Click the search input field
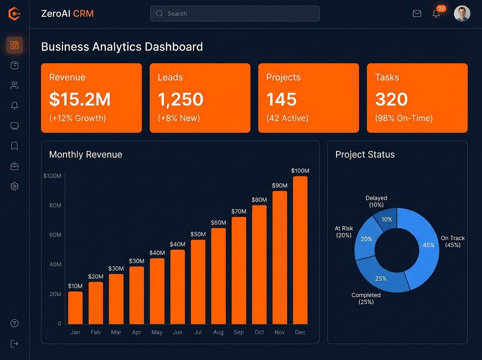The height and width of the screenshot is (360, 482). [x=235, y=14]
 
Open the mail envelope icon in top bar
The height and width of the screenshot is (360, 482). [x=417, y=14]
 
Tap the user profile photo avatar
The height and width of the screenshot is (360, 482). [x=462, y=14]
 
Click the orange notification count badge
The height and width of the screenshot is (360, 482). [x=441, y=8]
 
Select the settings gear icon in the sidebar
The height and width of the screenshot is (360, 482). [x=14, y=186]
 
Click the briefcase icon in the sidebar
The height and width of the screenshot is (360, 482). [x=14, y=166]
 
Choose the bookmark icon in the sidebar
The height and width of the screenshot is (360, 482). [x=14, y=146]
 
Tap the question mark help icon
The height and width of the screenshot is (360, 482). [x=14, y=323]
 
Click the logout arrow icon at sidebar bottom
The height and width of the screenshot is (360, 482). [x=14, y=344]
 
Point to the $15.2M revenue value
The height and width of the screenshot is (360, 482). [x=80, y=99]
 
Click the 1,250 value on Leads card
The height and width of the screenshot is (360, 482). [x=180, y=99]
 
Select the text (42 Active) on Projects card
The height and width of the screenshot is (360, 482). [x=287, y=118]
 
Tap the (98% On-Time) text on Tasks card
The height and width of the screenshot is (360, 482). [x=404, y=118]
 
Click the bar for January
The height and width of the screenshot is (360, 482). [x=75, y=308]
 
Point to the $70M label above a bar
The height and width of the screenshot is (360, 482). [x=239, y=211]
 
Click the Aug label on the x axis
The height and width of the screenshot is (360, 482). [x=219, y=332]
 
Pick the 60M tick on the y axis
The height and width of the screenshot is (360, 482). [x=55, y=235]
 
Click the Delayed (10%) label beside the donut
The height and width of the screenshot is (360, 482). [x=376, y=201]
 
